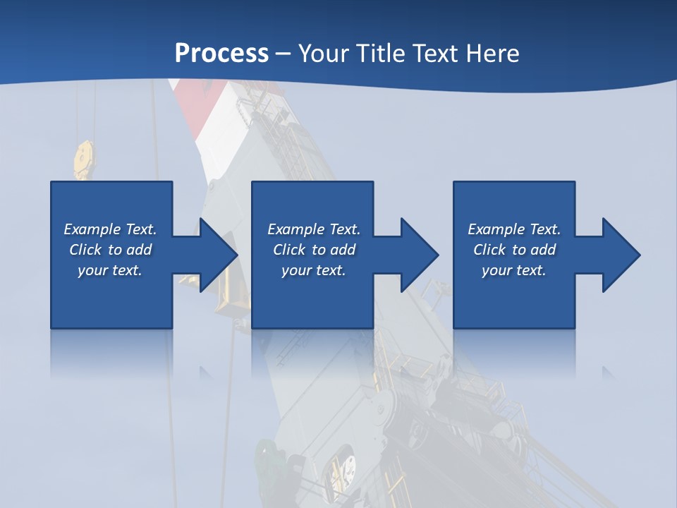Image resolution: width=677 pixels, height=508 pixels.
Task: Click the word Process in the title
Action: click(221, 54)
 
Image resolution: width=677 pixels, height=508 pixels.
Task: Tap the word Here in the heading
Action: click(491, 54)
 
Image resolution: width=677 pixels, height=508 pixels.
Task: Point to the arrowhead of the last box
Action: click(620, 255)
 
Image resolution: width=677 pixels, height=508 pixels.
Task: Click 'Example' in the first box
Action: click(92, 229)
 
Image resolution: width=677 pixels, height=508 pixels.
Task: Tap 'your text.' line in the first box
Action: click(110, 270)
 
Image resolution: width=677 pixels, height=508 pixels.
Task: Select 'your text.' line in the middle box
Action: click(313, 270)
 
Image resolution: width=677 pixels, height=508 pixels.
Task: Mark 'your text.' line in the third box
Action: click(514, 270)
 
